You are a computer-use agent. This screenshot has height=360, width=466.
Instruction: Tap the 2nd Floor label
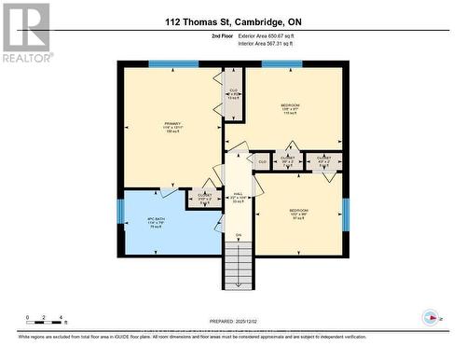[223, 35]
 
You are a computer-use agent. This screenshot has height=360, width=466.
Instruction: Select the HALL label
[238, 194]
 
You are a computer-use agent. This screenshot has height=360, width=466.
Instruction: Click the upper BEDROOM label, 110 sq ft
[290, 108]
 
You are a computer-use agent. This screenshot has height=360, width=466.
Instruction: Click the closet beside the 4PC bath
[204, 197]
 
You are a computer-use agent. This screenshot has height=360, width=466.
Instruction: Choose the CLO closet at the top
[234, 92]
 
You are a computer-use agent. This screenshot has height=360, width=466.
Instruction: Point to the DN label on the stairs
[238, 234]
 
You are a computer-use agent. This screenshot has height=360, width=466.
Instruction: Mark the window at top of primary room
[172, 64]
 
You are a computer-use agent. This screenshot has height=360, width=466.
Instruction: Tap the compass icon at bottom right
[430, 316]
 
